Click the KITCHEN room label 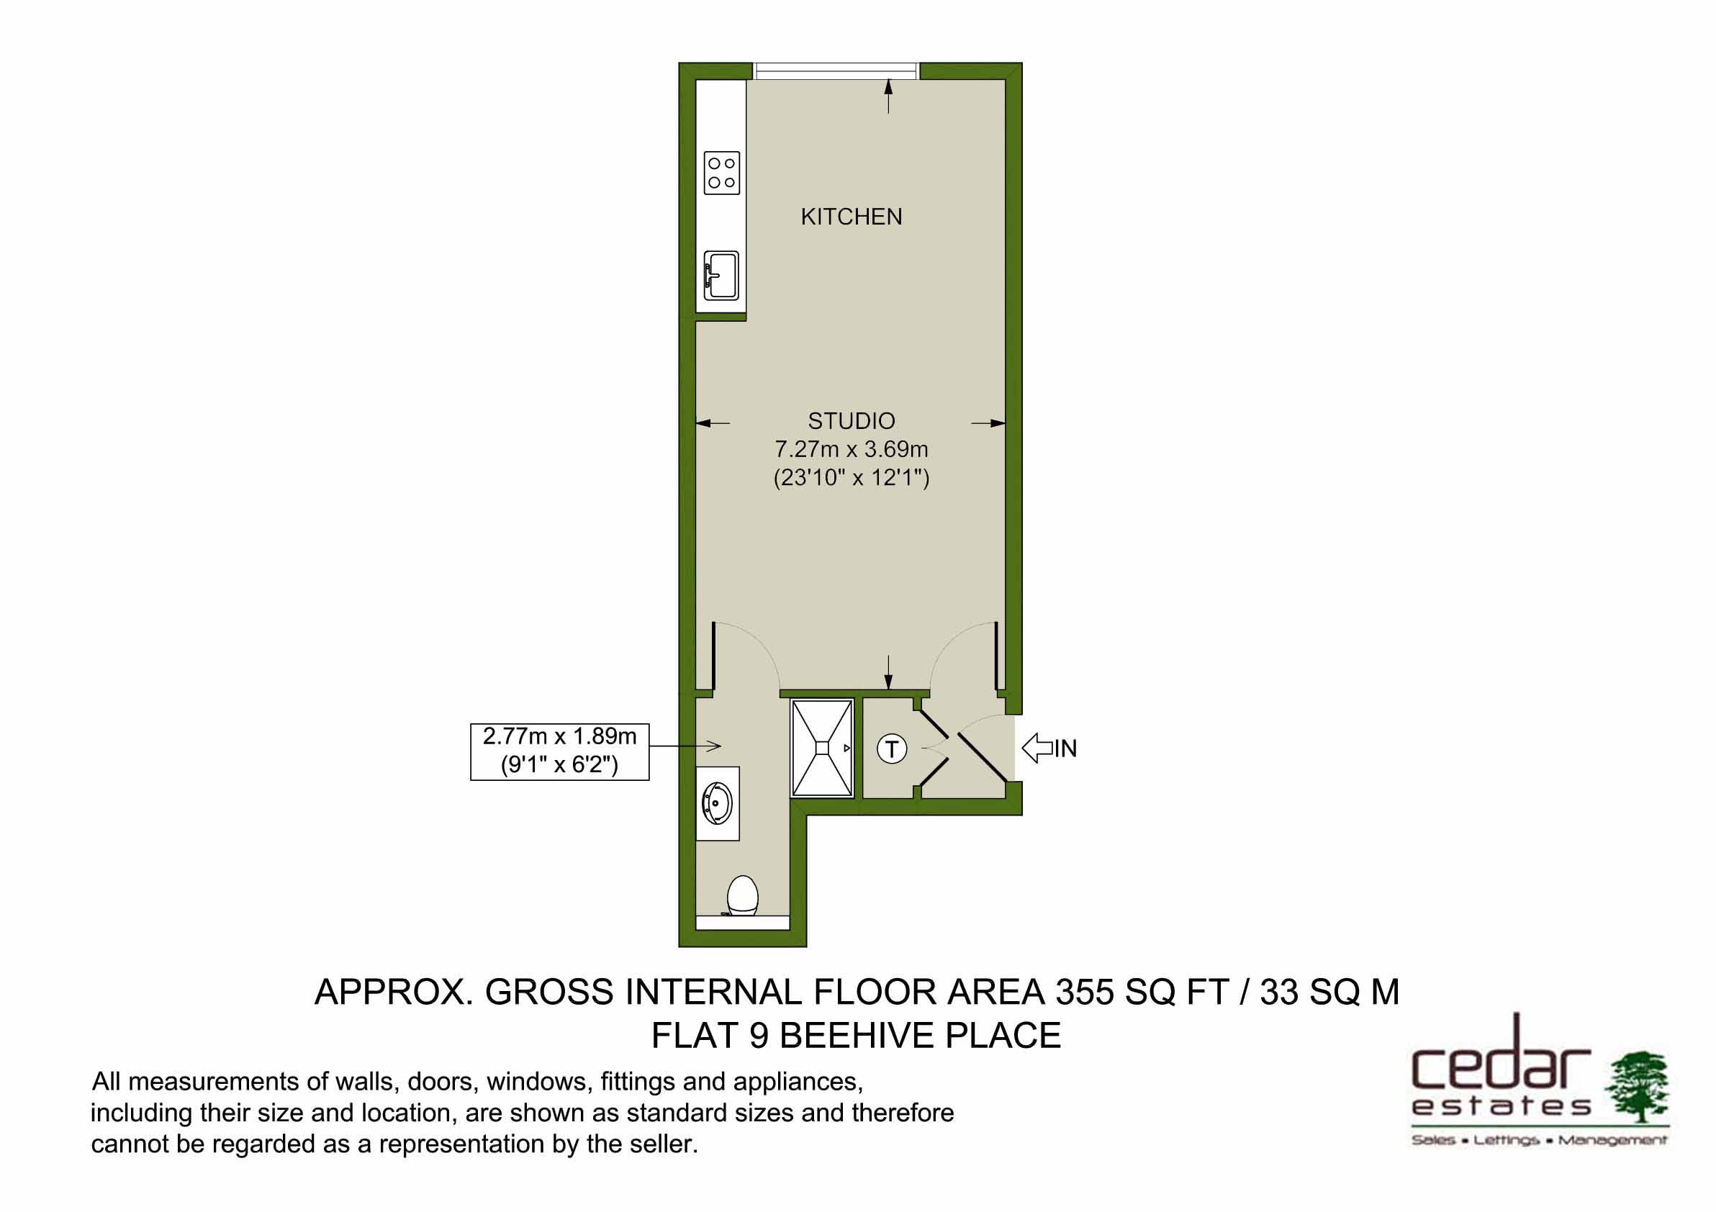[852, 217]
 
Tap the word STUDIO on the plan [852, 422]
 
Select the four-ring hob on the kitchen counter [721, 173]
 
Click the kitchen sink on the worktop [721, 275]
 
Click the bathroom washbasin [718, 803]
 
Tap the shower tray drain [822, 747]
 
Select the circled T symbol [891, 748]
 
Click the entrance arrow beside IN [1037, 747]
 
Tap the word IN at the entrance [1066, 748]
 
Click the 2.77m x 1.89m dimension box [559, 751]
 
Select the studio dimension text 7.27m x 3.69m [852, 449]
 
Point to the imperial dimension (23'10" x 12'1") [852, 477]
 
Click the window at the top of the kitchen [836, 71]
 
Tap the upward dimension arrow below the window [888, 96]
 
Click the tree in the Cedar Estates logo [1636, 1087]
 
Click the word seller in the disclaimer [658, 1144]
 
